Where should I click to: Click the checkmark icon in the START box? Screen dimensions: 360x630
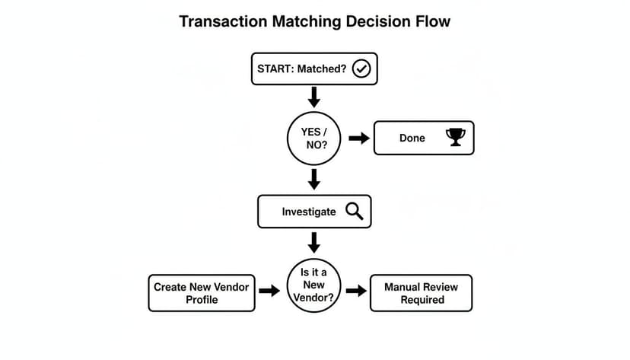pos(362,69)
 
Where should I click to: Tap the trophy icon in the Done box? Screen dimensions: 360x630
pos(456,138)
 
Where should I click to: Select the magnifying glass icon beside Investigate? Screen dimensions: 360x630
pos(355,211)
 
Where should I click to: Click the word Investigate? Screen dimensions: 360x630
pos(308,212)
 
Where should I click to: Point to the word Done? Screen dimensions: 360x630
pos(412,139)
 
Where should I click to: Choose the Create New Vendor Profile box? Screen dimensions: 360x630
pos(202,293)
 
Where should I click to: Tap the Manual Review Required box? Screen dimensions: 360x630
pos(421,293)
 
